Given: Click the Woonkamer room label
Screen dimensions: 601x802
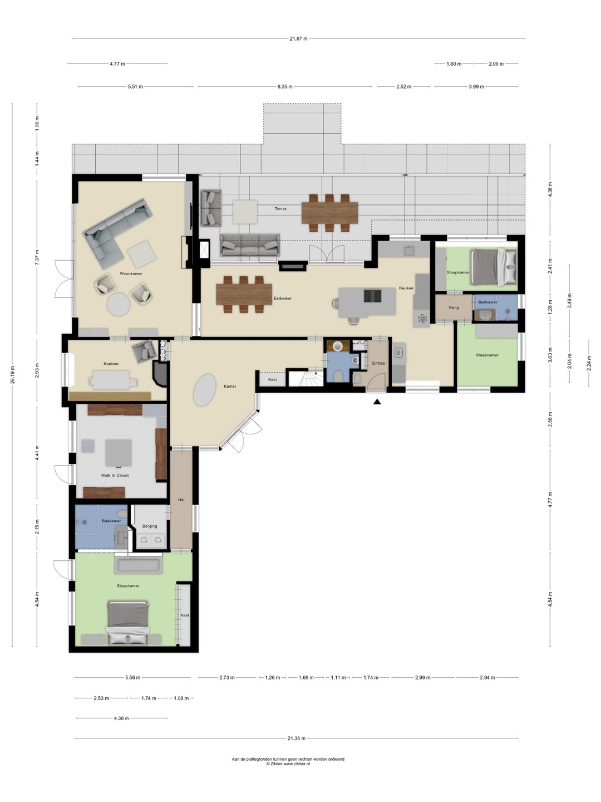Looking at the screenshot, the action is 131,273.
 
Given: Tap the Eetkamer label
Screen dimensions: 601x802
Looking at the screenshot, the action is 283,298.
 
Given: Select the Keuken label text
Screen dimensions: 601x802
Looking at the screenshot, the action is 406,288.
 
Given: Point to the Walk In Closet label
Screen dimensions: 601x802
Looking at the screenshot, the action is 115,476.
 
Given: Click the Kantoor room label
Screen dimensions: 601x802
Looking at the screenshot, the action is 111,364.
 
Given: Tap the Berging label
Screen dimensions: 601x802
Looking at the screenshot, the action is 150,526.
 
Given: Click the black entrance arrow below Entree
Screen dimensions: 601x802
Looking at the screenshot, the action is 377,402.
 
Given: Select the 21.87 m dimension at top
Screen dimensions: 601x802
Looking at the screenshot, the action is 298,38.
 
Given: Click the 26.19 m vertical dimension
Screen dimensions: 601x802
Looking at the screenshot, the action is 12,374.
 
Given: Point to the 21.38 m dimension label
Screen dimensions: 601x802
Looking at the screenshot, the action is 296,738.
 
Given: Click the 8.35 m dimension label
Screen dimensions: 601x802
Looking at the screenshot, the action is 285,86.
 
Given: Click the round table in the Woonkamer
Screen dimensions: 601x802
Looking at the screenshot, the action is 118,304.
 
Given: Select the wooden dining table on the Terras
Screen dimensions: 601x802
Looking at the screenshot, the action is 329,213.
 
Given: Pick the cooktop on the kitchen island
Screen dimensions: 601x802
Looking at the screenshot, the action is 373,295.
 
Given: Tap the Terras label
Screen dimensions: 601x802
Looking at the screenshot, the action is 280,209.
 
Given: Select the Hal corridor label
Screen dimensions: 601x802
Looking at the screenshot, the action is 181,500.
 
